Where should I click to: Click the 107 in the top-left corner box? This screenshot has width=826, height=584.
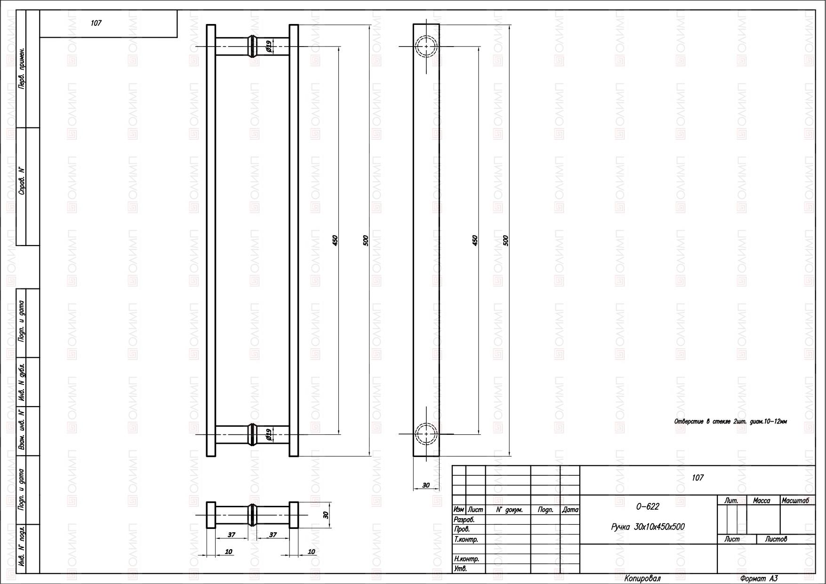tap(96, 23)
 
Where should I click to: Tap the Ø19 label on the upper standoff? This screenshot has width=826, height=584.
tap(268, 46)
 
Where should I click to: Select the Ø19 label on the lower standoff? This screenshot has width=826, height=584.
tap(268, 434)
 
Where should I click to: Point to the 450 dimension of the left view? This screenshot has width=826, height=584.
tap(335, 240)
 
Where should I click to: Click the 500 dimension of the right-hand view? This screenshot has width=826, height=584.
tap(506, 240)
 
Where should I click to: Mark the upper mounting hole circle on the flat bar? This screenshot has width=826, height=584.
tap(426, 36)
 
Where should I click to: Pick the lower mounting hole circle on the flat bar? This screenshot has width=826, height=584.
tap(426, 423)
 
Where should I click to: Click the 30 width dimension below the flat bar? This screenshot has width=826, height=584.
tap(426, 485)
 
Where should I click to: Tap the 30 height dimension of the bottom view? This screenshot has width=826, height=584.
tap(326, 515)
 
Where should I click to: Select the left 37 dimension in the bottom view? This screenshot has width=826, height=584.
tap(232, 535)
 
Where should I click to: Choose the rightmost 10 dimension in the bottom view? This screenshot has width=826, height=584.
tap(311, 552)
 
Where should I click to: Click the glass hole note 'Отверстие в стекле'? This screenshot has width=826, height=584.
tap(730, 422)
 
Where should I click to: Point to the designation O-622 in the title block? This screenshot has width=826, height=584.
tap(648, 507)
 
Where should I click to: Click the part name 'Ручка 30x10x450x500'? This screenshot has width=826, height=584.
tap(648, 527)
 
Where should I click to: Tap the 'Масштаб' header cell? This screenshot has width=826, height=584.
tap(795, 501)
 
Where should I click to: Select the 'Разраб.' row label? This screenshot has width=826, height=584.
tap(464, 520)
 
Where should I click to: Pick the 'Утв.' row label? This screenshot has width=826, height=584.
tap(460, 569)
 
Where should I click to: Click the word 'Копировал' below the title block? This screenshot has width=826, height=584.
tap(642, 579)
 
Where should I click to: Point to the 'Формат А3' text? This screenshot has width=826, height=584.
tap(759, 579)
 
